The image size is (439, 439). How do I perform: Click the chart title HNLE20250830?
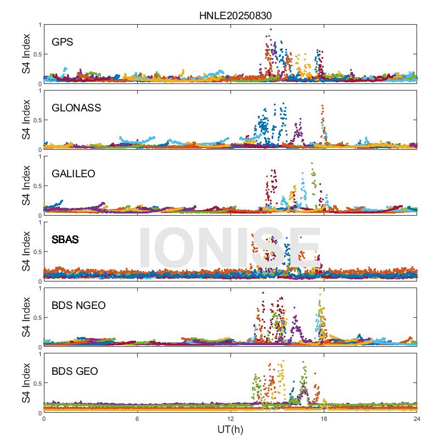(235, 16)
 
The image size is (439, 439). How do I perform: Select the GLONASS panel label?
(76, 108)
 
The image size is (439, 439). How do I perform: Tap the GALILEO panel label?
(74, 173)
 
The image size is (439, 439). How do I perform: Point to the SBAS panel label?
(65, 239)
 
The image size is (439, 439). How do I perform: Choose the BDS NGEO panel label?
(78, 305)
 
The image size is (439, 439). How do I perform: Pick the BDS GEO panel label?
(75, 371)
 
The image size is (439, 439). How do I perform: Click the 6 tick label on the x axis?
(137, 419)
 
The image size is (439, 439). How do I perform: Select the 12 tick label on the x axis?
(230, 419)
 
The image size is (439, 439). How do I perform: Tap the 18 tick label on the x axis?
(324, 419)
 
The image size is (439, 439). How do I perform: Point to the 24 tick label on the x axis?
(417, 419)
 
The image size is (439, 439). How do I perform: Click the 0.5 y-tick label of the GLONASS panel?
(36, 120)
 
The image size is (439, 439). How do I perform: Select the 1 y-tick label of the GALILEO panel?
(40, 156)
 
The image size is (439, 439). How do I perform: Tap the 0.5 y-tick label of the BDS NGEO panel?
(36, 318)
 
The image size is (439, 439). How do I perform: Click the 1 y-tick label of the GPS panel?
(40, 25)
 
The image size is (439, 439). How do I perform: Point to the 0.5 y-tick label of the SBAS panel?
(36, 252)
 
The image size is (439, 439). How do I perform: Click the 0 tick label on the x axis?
(44, 419)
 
